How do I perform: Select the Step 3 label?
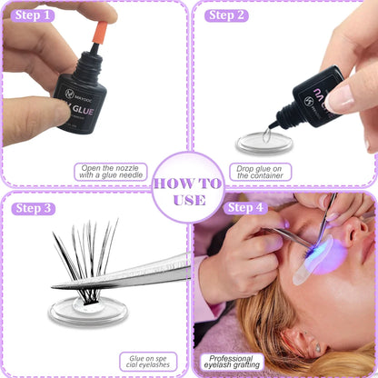pyautogui.click(x=35, y=208)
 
